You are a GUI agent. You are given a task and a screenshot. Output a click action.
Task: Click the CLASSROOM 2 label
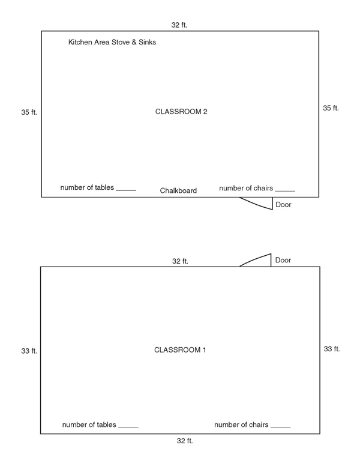click(x=181, y=112)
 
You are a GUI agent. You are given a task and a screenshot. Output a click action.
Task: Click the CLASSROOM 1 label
click(x=180, y=349)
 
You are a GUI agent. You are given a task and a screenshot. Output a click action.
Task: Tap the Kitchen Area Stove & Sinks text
click(x=112, y=42)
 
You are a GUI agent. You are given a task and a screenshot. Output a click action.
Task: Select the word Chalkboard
click(x=178, y=190)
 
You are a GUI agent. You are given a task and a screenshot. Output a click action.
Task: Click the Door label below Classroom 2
click(x=283, y=204)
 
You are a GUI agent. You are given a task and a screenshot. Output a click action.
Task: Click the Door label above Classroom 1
click(x=283, y=260)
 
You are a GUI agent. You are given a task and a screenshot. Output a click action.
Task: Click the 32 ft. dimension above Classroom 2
click(x=179, y=25)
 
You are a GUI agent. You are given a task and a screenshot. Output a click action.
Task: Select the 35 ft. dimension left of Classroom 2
click(x=29, y=112)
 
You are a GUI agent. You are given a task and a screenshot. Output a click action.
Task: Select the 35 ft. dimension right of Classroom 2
click(x=331, y=108)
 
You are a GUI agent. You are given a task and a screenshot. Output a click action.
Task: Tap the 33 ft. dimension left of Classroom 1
click(x=29, y=351)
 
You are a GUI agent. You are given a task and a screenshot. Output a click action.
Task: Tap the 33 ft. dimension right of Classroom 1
click(x=332, y=349)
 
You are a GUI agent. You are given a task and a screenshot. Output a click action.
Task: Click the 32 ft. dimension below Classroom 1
click(x=185, y=441)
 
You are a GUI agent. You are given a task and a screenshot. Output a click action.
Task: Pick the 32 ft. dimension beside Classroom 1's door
click(x=180, y=261)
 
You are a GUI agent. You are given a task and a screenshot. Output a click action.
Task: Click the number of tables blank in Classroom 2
click(x=126, y=190)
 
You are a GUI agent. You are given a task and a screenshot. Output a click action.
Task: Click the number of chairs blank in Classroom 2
click(x=285, y=191)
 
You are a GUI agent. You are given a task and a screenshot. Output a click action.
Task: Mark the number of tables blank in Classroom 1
click(x=128, y=428)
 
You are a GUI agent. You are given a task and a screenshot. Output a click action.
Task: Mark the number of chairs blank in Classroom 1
click(x=280, y=428)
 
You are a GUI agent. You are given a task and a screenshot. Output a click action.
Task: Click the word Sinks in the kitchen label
click(x=148, y=42)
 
